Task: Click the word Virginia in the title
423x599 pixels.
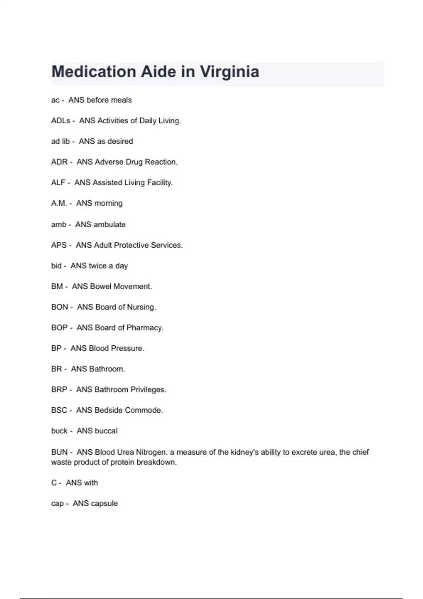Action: coord(229,72)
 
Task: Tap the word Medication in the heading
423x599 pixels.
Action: coord(94,72)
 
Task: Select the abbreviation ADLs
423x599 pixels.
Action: coord(61,121)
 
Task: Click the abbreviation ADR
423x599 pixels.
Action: coord(59,162)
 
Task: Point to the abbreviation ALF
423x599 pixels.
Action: coord(58,183)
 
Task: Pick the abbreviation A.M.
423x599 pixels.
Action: coord(59,203)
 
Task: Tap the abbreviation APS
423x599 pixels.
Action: coord(59,245)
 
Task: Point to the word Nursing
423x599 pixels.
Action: coord(141,307)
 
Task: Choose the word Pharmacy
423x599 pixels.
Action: coord(145,328)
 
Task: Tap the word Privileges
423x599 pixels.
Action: coord(148,390)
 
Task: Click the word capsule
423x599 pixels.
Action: coord(104,504)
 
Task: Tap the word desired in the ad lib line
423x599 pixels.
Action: coord(120,141)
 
